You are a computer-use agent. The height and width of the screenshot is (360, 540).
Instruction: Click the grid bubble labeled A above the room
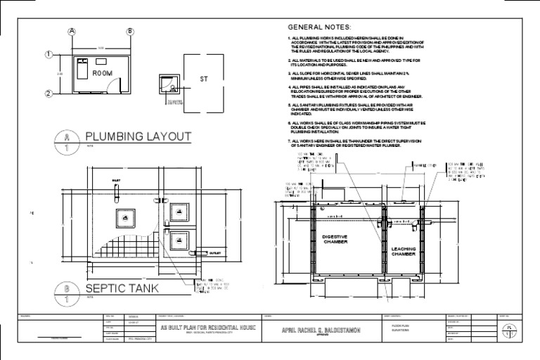(x=71, y=32)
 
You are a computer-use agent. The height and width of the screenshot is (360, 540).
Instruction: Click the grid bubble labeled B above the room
(x=129, y=32)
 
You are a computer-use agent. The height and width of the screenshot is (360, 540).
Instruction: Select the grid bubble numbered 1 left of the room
(x=49, y=54)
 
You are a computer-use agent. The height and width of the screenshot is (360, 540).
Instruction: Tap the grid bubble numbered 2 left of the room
(x=49, y=93)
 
